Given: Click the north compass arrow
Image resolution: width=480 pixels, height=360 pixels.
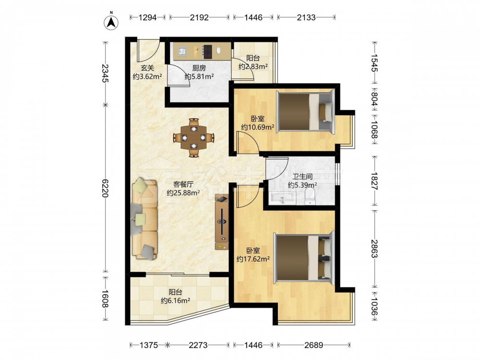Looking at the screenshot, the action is click(111, 22).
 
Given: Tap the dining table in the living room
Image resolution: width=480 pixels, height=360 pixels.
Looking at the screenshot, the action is click(193, 138).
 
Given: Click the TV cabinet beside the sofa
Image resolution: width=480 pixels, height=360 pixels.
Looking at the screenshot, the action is click(222, 222).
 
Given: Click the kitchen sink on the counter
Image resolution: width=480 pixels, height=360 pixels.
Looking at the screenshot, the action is click(182, 51).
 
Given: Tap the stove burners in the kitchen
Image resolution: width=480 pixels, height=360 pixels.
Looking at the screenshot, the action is click(207, 52).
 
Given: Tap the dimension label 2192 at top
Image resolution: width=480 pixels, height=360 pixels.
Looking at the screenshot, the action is click(199, 17).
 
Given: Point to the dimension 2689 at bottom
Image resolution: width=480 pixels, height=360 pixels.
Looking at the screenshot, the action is click(313, 345).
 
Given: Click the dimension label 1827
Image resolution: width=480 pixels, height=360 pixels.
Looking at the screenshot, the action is click(374, 181).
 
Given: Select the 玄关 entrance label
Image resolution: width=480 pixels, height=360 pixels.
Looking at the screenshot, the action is click(147, 68).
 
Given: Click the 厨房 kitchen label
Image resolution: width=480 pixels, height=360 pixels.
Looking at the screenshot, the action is click(199, 68).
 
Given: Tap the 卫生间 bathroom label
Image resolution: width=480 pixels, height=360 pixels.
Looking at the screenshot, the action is click(302, 177).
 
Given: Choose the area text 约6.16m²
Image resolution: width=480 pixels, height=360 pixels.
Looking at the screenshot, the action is click(176, 300).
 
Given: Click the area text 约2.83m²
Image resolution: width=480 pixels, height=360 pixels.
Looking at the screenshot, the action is click(253, 66).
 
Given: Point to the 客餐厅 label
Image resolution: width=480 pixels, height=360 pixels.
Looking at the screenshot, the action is click(183, 184).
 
